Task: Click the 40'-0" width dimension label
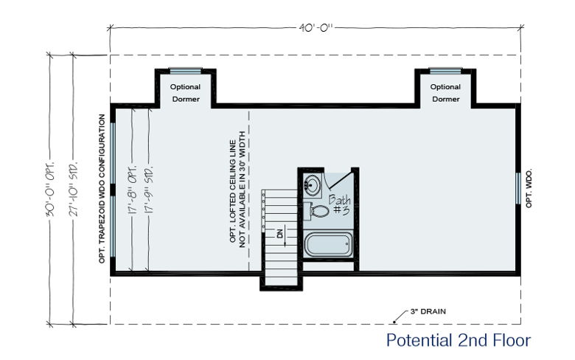tap(316, 28)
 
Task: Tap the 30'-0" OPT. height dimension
tap(51, 188)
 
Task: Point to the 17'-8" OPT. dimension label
tap(133, 190)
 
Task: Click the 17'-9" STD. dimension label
tap(148, 190)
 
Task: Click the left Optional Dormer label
tap(185, 93)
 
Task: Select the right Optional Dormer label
tap(445, 93)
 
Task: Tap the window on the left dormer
tap(185, 71)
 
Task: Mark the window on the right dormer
tap(445, 71)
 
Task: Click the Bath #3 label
tap(340, 205)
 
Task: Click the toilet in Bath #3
tap(316, 211)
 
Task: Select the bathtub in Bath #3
tap(329, 244)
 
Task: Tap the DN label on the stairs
tap(280, 233)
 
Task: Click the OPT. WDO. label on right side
tap(529, 188)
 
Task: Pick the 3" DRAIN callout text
tap(428, 311)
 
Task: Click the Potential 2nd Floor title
tap(459, 340)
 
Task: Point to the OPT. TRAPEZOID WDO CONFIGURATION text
tap(102, 189)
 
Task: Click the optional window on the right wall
tap(518, 188)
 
